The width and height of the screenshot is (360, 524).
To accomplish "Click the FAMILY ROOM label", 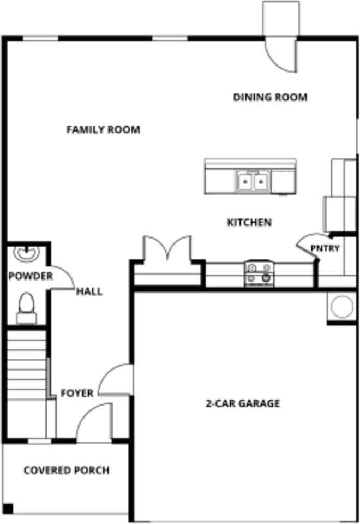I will click(103, 130).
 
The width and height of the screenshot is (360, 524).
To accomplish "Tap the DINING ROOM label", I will click(270, 98).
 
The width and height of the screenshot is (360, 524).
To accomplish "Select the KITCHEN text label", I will click(249, 223).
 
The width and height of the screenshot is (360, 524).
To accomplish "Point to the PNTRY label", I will click(325, 249).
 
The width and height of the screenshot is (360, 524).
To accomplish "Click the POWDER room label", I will click(31, 276).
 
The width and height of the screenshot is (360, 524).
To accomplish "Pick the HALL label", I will click(89, 291).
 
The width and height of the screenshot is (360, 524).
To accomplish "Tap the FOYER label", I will click(77, 393).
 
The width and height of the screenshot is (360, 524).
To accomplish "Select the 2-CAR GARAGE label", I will click(243, 404).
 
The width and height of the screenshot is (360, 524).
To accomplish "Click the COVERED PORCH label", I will click(67, 471).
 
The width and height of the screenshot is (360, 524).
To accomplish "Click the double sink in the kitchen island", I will click(254, 181).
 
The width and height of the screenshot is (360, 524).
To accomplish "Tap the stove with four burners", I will click(259, 272).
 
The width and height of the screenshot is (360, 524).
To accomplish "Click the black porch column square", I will click(7, 508).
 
